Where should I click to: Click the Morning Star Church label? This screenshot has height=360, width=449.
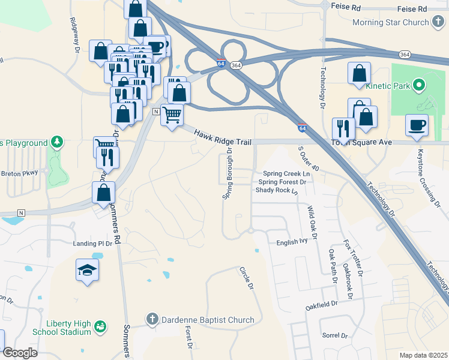[391, 23]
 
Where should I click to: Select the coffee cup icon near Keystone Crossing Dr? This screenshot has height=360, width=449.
[417, 125]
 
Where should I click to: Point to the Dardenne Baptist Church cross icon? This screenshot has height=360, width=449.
[152, 319]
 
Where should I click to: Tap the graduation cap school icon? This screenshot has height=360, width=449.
[88, 270]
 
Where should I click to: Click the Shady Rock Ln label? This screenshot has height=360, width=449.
[277, 190]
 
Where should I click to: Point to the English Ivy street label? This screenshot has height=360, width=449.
[292, 243]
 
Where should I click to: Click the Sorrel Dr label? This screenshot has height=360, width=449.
[336, 336]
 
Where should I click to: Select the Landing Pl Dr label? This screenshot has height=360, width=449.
[93, 244]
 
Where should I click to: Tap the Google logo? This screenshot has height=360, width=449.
[19, 353]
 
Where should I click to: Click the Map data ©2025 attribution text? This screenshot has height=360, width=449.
[423, 355]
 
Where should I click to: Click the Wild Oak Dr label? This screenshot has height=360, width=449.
[311, 220]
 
